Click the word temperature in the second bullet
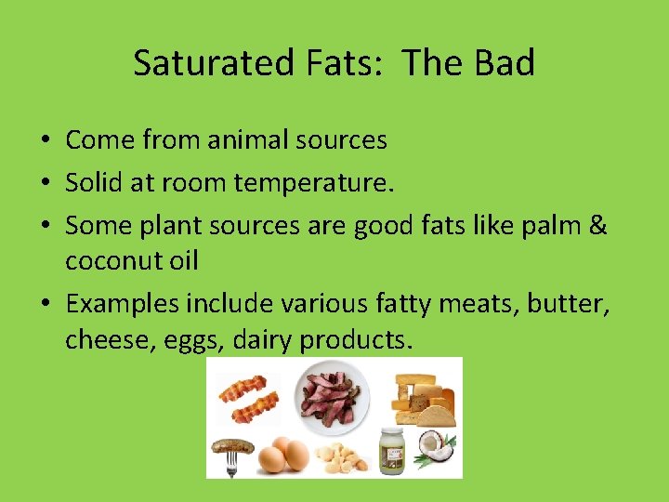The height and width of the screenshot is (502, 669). [x=313, y=183]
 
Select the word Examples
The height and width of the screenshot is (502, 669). [x=123, y=304]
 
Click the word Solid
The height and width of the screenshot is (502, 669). [x=94, y=183]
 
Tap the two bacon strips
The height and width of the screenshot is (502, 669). [x=248, y=397]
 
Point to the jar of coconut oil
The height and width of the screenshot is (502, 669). [x=391, y=450]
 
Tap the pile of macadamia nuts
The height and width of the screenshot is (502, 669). [x=338, y=455]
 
